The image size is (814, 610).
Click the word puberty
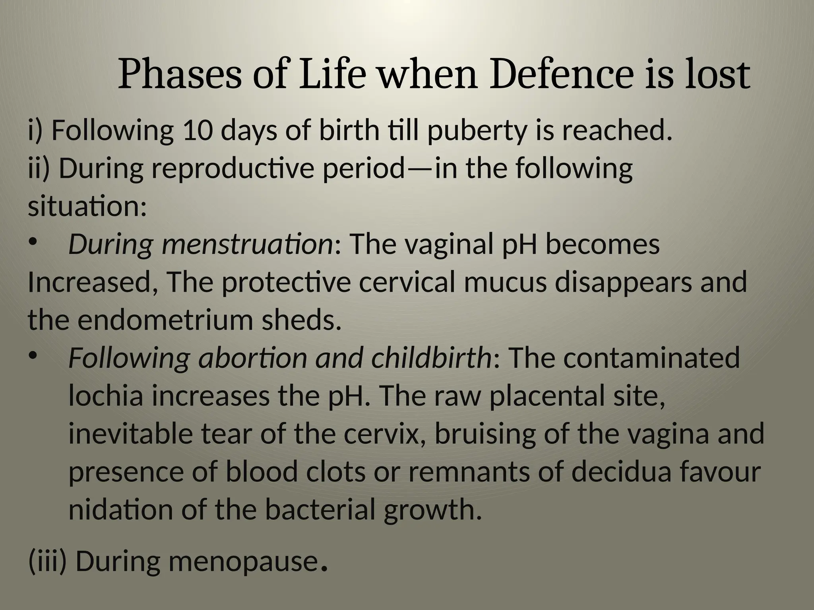coord(477,131)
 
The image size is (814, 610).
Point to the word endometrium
coord(165,320)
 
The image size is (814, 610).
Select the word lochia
coord(105,396)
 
